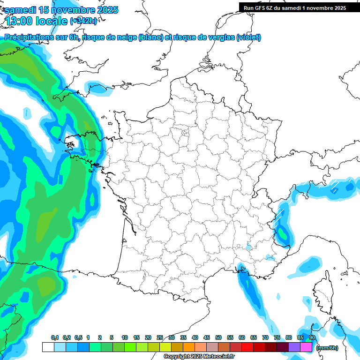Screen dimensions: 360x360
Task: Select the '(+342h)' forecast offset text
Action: pyautogui.click(x=83, y=21)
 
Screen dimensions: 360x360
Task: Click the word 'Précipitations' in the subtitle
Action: pyautogui.click(x=28, y=37)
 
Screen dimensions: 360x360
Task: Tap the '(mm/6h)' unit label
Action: pyautogui.click(x=327, y=347)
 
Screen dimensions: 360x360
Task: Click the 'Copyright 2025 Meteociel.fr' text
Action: pyautogui.click(x=199, y=357)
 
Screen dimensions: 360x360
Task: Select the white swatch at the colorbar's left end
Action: pyautogui.click(x=48, y=347)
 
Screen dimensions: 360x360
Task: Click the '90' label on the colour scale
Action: pyautogui.click(x=312, y=337)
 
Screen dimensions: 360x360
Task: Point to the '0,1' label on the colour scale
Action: pyautogui.click(x=55, y=337)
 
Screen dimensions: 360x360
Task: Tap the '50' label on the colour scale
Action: pyautogui.click(x=218, y=337)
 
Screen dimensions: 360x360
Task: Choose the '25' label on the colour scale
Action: pyautogui.click(x=160, y=337)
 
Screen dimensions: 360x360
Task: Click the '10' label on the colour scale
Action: pyautogui.click(x=125, y=337)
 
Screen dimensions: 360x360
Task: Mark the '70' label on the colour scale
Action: pyautogui.click(x=265, y=337)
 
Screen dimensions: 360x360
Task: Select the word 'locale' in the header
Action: pyautogui.click(x=51, y=21)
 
